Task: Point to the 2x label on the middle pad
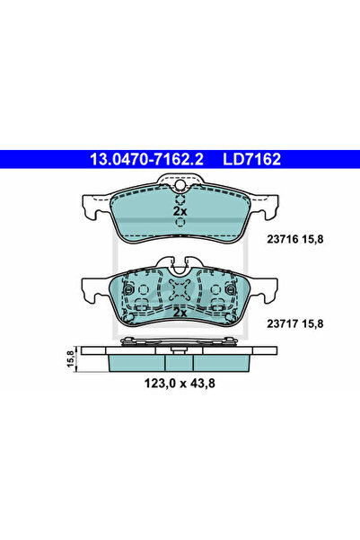[x=180, y=314]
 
